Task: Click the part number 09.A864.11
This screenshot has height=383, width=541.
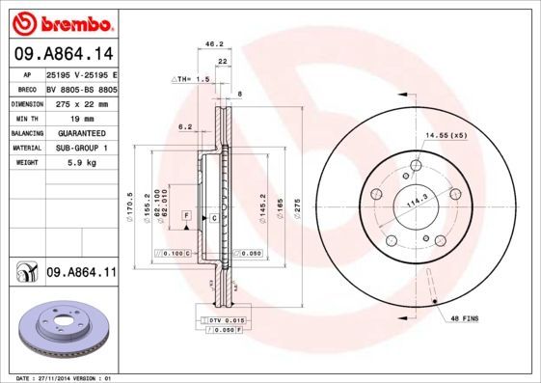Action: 79,274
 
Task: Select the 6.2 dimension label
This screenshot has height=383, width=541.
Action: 185,126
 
